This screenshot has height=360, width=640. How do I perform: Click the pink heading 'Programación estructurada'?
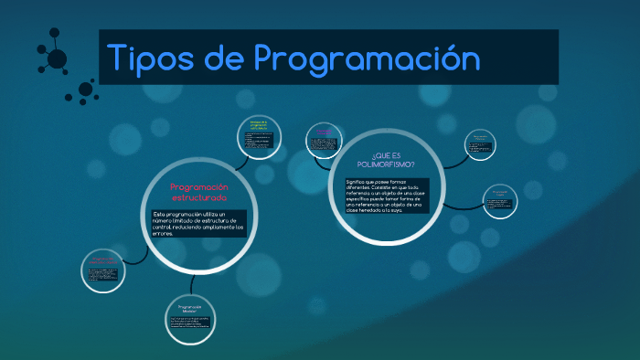pos(198,192)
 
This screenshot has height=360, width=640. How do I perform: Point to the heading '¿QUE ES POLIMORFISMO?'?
pos(388,160)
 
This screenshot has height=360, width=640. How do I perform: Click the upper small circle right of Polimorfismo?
pos(480,143)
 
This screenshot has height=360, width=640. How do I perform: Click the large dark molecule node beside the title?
pos(57,59)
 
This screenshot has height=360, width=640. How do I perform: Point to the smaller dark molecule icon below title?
pos(86,90)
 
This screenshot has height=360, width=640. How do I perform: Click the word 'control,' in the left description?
pos(166,227)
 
